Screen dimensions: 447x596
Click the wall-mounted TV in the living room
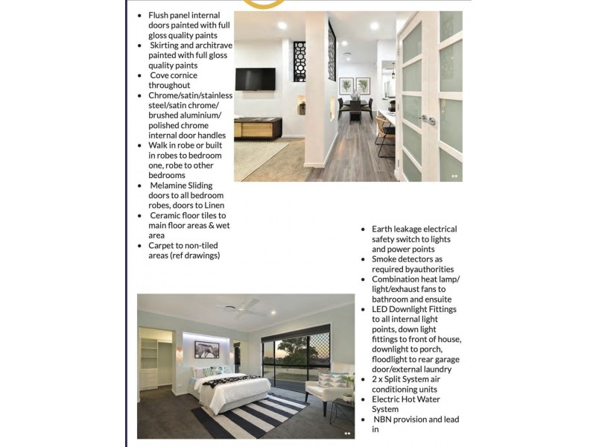click(x=255, y=78)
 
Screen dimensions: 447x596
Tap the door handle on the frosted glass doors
click(x=426, y=118)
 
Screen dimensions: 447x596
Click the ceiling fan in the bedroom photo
click(x=241, y=308)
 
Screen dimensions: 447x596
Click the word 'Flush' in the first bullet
click(x=158, y=15)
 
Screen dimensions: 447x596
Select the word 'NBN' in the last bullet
click(x=384, y=419)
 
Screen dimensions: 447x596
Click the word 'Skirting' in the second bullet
click(x=168, y=45)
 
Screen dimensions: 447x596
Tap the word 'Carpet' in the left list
click(x=162, y=245)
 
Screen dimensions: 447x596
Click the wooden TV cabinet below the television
click(x=258, y=127)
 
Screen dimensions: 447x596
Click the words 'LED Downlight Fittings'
click(x=414, y=309)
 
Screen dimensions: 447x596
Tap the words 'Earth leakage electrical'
click(x=414, y=229)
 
